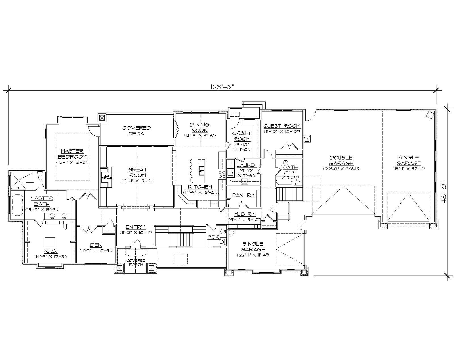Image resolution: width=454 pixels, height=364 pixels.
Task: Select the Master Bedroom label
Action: click(x=72, y=154)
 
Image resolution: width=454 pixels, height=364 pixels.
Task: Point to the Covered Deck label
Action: click(x=136, y=131)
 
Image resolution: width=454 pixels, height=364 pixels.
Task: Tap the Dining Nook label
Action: click(x=199, y=127)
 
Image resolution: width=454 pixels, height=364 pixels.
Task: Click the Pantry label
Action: click(x=243, y=195)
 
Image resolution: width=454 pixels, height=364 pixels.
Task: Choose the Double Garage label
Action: click(x=341, y=160)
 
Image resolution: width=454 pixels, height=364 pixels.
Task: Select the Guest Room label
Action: click(x=282, y=126)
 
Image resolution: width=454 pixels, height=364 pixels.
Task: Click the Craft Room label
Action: click(x=241, y=136)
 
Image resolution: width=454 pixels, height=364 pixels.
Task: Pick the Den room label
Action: click(x=96, y=245)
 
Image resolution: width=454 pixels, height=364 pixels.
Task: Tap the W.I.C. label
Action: click(x=51, y=251)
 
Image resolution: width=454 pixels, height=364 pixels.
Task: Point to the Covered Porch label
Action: click(x=136, y=262)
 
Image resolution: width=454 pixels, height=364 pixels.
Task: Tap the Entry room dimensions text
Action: click(x=135, y=232)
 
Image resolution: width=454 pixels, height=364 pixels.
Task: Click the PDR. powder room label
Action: click(x=213, y=237)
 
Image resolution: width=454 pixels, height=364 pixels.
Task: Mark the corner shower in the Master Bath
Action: click(x=19, y=180)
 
